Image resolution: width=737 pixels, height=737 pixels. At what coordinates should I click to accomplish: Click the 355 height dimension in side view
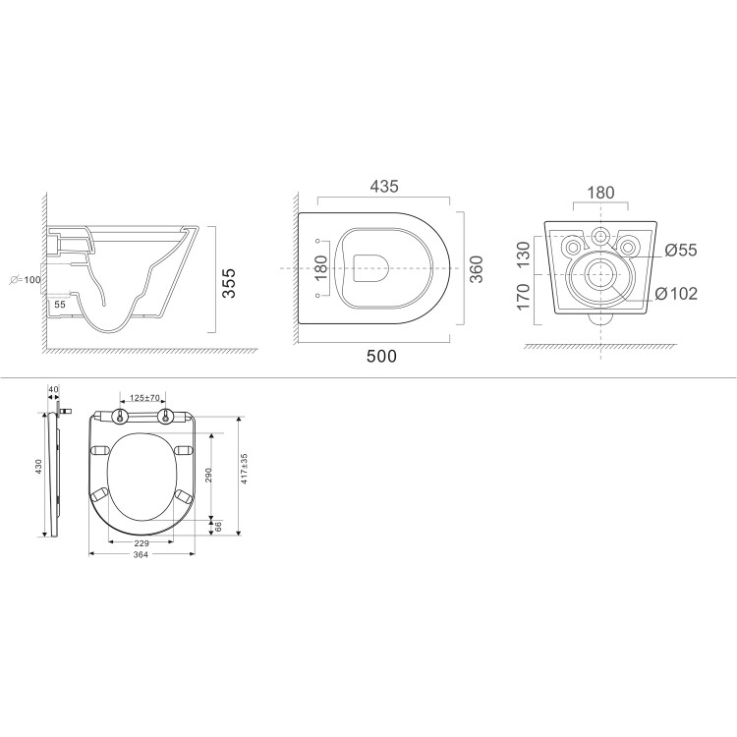pos(229,285)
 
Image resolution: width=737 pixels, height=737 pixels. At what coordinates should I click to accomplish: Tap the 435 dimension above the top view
pos(383,186)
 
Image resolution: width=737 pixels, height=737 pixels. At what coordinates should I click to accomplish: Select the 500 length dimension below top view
pos(381,356)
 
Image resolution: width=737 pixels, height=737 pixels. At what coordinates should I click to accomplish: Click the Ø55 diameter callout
pos(680,251)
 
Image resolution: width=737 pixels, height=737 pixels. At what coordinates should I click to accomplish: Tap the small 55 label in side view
pos(60,306)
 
